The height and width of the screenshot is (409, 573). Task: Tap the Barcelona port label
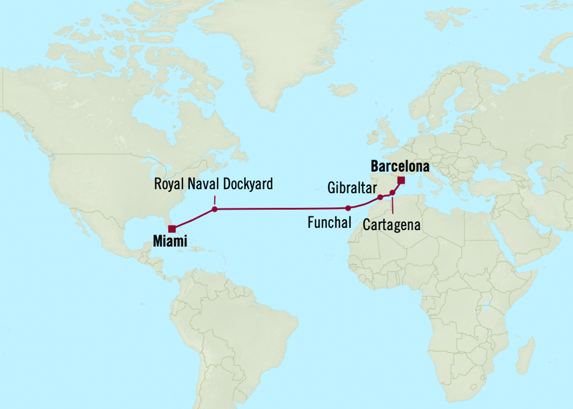pyautogui.click(x=400, y=166)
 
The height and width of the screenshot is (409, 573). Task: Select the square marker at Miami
pyautogui.click(x=172, y=229)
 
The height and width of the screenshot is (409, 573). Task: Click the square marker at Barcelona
pyautogui.click(x=401, y=181)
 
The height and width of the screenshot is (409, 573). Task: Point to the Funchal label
pyautogui.click(x=329, y=222)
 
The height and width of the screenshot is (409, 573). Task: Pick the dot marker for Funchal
pyautogui.click(x=348, y=208)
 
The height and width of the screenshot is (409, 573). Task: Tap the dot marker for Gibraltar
pyautogui.click(x=380, y=197)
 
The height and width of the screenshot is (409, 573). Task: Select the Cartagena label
pyautogui.click(x=391, y=225)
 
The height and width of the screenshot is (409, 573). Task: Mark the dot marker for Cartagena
pyautogui.click(x=392, y=193)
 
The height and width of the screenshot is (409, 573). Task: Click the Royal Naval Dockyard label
pyautogui.click(x=213, y=184)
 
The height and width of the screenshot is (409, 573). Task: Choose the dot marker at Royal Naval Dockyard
pyautogui.click(x=214, y=209)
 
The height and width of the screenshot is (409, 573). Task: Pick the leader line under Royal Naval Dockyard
pyautogui.click(x=214, y=200)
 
